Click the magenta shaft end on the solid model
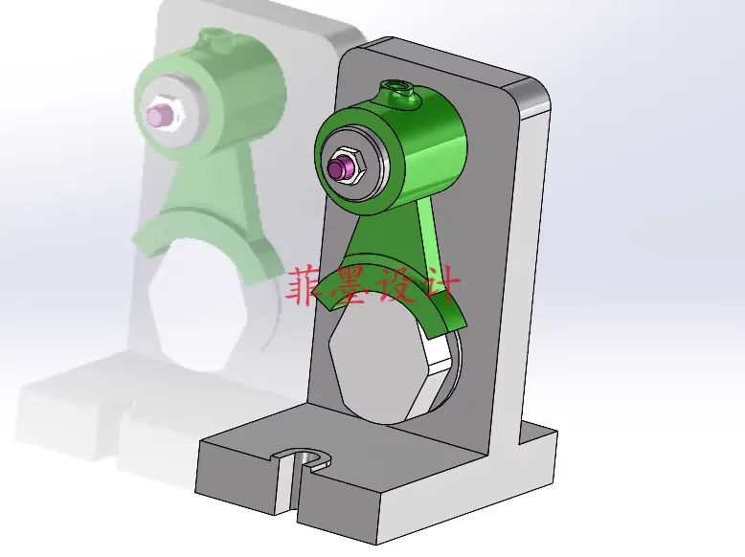click(338, 168)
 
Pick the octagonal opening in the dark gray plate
click(383, 368)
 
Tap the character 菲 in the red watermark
click(306, 285)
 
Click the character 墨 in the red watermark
click(349, 285)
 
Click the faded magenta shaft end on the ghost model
click(155, 116)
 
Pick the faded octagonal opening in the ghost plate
click(196, 306)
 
